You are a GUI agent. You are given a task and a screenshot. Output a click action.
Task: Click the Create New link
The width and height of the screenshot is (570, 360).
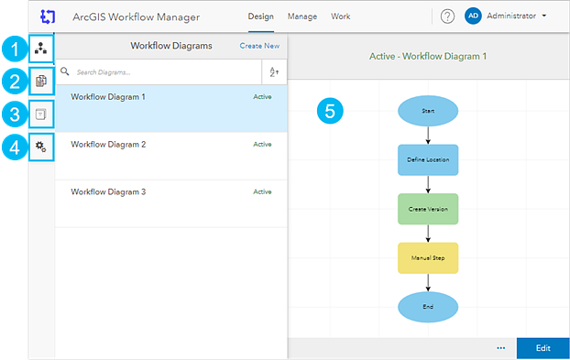[259, 46]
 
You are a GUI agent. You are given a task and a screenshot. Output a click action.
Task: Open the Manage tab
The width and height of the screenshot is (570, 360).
[302, 16]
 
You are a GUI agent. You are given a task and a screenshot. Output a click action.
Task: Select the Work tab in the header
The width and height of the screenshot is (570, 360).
[340, 16]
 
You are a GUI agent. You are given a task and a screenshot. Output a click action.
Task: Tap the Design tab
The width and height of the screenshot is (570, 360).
[260, 16]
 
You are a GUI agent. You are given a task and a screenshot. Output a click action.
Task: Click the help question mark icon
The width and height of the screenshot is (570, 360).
[447, 16]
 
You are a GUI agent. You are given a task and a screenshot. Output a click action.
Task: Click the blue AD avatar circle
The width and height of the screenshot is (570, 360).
[473, 16]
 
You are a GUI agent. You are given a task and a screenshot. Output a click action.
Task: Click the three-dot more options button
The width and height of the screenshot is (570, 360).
[501, 348]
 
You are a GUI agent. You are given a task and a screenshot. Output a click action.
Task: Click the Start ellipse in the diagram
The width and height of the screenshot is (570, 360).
[428, 111]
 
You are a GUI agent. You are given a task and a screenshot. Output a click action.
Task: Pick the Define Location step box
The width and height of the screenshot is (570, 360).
[428, 159]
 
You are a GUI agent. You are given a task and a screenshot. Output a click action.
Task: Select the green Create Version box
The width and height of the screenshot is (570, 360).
[428, 209]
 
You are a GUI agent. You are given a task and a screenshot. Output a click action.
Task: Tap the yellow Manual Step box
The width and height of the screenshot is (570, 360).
[428, 258]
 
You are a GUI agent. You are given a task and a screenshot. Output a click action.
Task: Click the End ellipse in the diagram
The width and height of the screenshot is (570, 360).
[428, 307]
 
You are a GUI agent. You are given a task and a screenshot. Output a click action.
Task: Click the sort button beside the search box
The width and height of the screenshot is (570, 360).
[274, 72]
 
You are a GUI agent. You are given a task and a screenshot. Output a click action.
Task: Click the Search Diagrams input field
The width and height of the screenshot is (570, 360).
[167, 72]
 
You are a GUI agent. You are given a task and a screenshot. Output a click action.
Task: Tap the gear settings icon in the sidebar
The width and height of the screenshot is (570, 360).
[40, 147]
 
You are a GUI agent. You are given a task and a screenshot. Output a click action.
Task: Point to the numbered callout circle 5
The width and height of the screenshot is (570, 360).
[330, 111]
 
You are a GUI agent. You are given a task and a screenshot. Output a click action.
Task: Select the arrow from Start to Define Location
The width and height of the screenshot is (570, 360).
[428, 136]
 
